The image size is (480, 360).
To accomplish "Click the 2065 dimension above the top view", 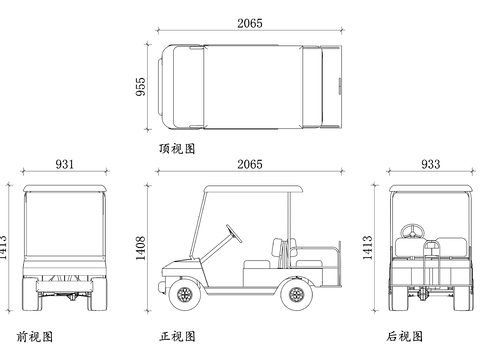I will coord(250,23).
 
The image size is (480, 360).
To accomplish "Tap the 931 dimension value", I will coord(64,164).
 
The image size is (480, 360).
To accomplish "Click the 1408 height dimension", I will coord(141,244).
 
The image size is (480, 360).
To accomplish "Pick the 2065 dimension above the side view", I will coord(250,164).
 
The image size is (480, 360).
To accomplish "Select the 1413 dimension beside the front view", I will coord(6,244).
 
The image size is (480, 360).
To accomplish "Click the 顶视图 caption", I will coord(176,148).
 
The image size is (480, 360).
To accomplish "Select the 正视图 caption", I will coord(178,336).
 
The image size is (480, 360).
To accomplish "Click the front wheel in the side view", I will coord(183,294).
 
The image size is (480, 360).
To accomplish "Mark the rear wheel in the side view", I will coord(295,294).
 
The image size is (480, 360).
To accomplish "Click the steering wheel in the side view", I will coord(234,234).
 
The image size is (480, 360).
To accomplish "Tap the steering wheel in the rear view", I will coord(409,232).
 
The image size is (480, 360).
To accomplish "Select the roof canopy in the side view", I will coord(250,189).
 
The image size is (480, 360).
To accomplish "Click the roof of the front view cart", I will coord(64,189).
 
